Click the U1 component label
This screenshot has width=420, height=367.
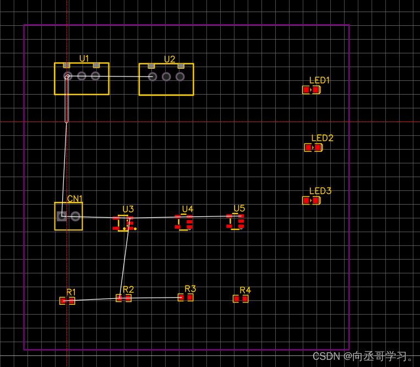coord(84,58)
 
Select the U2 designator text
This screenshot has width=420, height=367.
coord(170,59)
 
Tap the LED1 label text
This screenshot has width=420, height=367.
coord(319,80)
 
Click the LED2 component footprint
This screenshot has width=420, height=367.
coord(313,147)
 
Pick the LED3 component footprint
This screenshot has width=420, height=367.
coord(311,200)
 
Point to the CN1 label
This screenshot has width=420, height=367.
coord(75,199)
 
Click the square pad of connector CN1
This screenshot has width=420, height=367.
coord(62,216)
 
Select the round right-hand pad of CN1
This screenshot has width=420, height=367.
coord(75,216)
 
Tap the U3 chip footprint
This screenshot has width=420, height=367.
coord(123,223)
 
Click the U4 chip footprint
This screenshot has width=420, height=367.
coord(184,222)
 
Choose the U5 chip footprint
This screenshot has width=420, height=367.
coord(236,221)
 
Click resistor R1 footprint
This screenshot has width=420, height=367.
coord(67,300)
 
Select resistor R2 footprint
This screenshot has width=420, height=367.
coord(123,298)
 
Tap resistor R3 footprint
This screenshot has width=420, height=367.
coord(186,297)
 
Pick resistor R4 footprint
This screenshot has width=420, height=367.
coord(241,299)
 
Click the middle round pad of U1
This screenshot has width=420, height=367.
coord(81,76)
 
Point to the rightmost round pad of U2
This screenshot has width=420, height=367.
coord(180,76)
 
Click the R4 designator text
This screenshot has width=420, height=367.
coord(245,290)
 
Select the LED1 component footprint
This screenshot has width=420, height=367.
coord(311,90)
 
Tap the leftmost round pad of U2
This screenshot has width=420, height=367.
coord(152,76)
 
